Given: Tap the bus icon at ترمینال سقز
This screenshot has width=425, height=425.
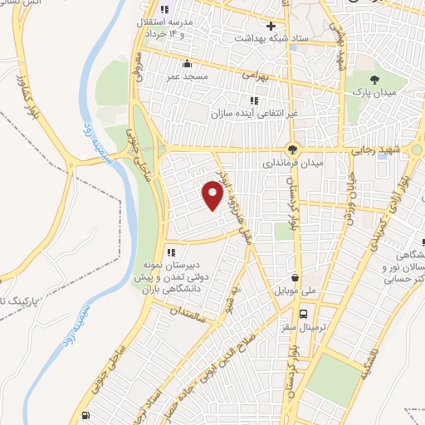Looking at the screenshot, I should click(305, 315).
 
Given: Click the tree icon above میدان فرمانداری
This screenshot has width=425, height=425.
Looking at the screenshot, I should click(291, 149).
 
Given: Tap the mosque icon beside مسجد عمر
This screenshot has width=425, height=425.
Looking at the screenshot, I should click(187, 64).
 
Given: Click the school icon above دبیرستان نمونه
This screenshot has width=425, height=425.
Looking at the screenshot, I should click(171, 252).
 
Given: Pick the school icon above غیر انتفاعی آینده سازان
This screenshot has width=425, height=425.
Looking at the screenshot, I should click(254, 100).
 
